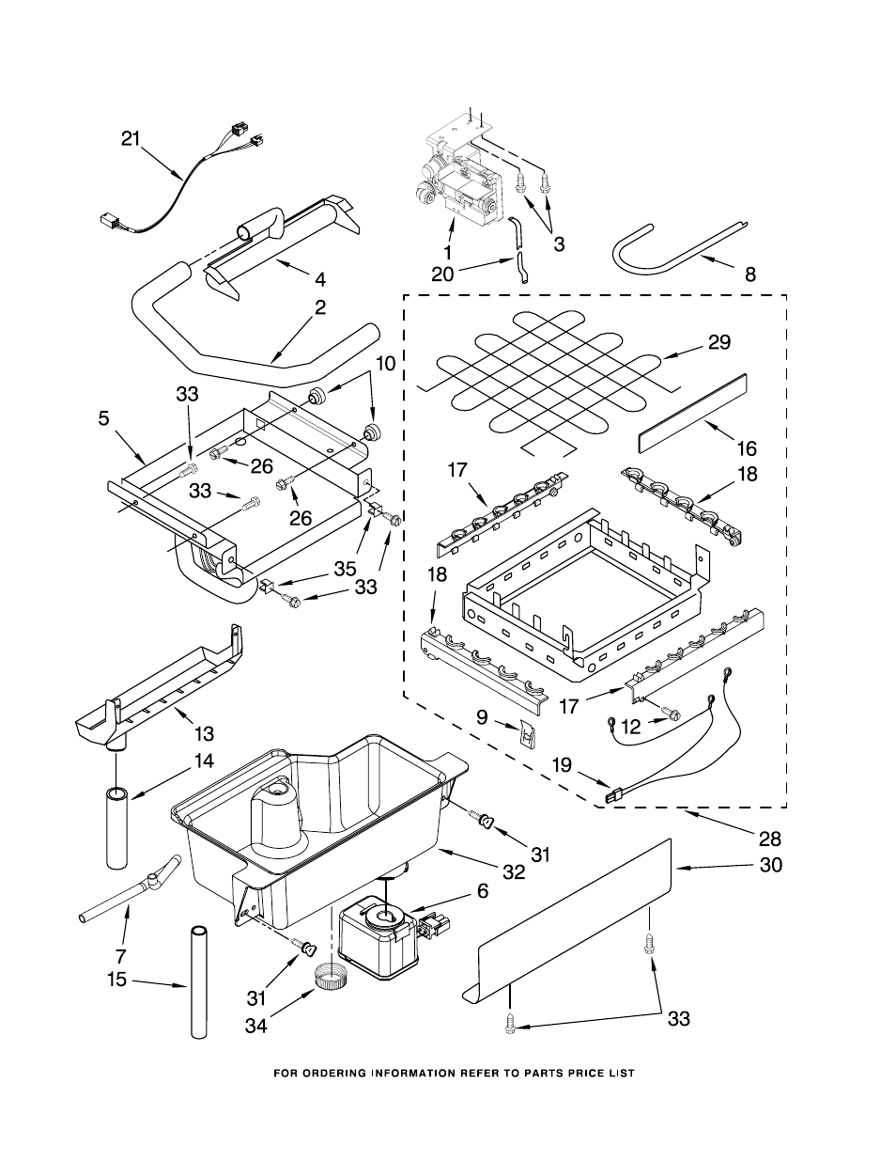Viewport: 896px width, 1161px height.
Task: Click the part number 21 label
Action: [131, 139]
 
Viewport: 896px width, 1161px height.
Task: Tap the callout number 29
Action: [719, 342]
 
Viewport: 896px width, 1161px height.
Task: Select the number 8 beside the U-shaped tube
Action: [749, 275]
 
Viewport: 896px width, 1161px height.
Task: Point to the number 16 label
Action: [747, 448]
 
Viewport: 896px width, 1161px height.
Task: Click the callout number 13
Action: [204, 733]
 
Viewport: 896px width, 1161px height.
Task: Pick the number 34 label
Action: [256, 1026]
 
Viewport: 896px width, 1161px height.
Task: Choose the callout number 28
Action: [770, 839]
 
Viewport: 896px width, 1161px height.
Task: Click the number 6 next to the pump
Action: [482, 890]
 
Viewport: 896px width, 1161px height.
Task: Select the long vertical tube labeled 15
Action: [198, 982]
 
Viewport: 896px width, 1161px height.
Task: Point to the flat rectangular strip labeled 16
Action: [692, 406]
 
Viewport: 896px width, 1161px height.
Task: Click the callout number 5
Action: [103, 418]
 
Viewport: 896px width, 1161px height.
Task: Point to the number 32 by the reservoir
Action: [513, 871]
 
